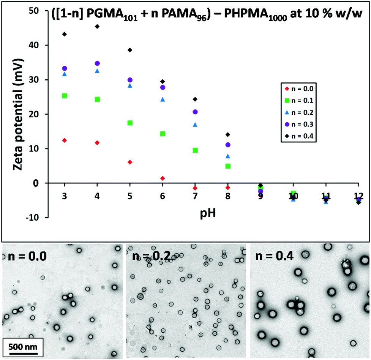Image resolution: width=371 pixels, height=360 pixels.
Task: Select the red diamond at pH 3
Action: (65, 141)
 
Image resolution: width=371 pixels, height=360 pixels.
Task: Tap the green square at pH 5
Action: (130, 123)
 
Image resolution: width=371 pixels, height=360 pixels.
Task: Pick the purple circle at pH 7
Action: (195, 112)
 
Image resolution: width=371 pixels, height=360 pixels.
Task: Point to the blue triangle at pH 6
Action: (163, 99)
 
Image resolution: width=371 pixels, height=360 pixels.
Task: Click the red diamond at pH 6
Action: (163, 178)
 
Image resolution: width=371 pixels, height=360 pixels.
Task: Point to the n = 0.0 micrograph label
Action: (25, 256)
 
